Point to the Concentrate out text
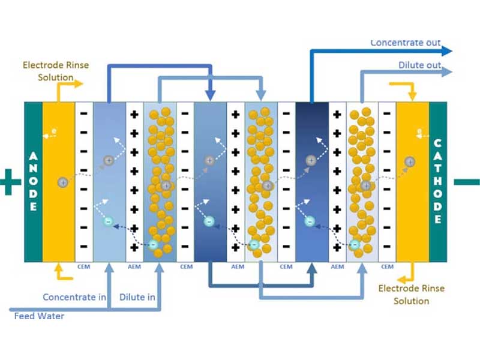click(x=405, y=43)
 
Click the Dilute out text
click(x=419, y=65)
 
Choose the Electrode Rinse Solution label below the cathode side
click(x=412, y=295)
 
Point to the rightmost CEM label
click(x=387, y=266)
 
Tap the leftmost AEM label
click(x=135, y=266)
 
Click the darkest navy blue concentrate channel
click(x=312, y=180)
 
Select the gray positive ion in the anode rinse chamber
click(x=62, y=182)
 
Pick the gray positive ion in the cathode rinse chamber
click(x=410, y=161)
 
